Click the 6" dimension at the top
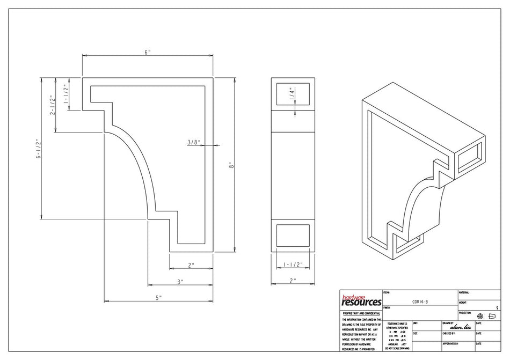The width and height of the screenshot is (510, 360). coord(147,52)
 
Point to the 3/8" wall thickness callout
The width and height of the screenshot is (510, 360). coord(193,142)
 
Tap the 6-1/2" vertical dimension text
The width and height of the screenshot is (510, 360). coord(38,149)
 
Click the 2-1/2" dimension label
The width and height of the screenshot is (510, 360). coord(52,106)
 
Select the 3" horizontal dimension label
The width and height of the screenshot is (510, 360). coord(180,281)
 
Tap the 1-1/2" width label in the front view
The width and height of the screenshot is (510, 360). coord(293,265)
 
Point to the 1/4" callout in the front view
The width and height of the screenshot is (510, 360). coord(292,92)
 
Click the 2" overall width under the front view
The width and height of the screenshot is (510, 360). coord(293,281)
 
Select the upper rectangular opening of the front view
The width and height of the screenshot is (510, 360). coord(293,94)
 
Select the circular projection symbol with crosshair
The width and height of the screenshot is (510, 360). coord(480,316)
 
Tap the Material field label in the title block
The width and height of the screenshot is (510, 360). coord(464,292)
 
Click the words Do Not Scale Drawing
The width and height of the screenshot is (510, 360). coord(397,348)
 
